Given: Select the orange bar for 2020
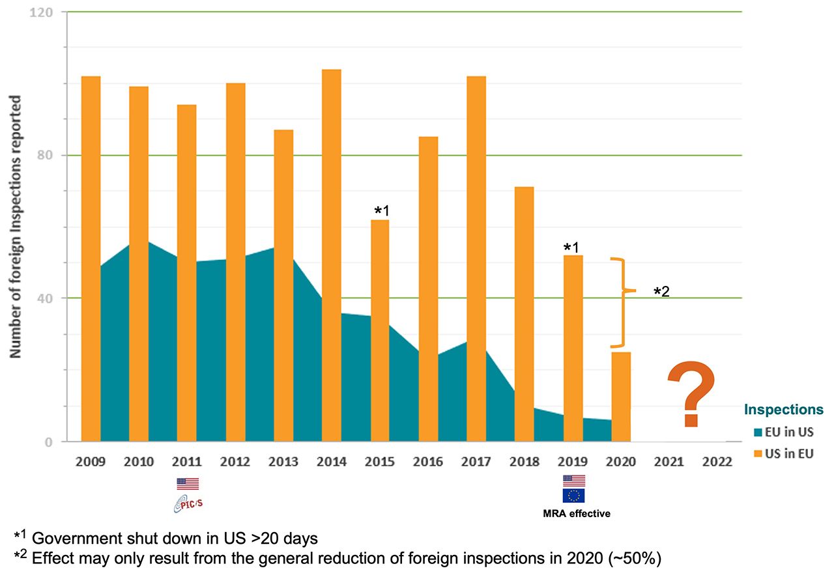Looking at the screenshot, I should pyautogui.click(x=621, y=397).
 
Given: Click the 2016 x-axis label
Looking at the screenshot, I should pyautogui.click(x=428, y=462).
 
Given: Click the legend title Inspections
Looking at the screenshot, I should pyautogui.click(x=784, y=410).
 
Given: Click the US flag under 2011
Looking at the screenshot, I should pyautogui.click(x=188, y=483).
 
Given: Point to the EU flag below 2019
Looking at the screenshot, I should pyautogui.click(x=573, y=496).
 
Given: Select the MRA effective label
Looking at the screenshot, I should pyautogui.click(x=577, y=513).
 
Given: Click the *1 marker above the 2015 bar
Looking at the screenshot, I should pyautogui.click(x=381, y=211).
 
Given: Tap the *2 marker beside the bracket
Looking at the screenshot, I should pyautogui.click(x=661, y=291).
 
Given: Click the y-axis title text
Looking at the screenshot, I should pyautogui.click(x=16, y=227).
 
